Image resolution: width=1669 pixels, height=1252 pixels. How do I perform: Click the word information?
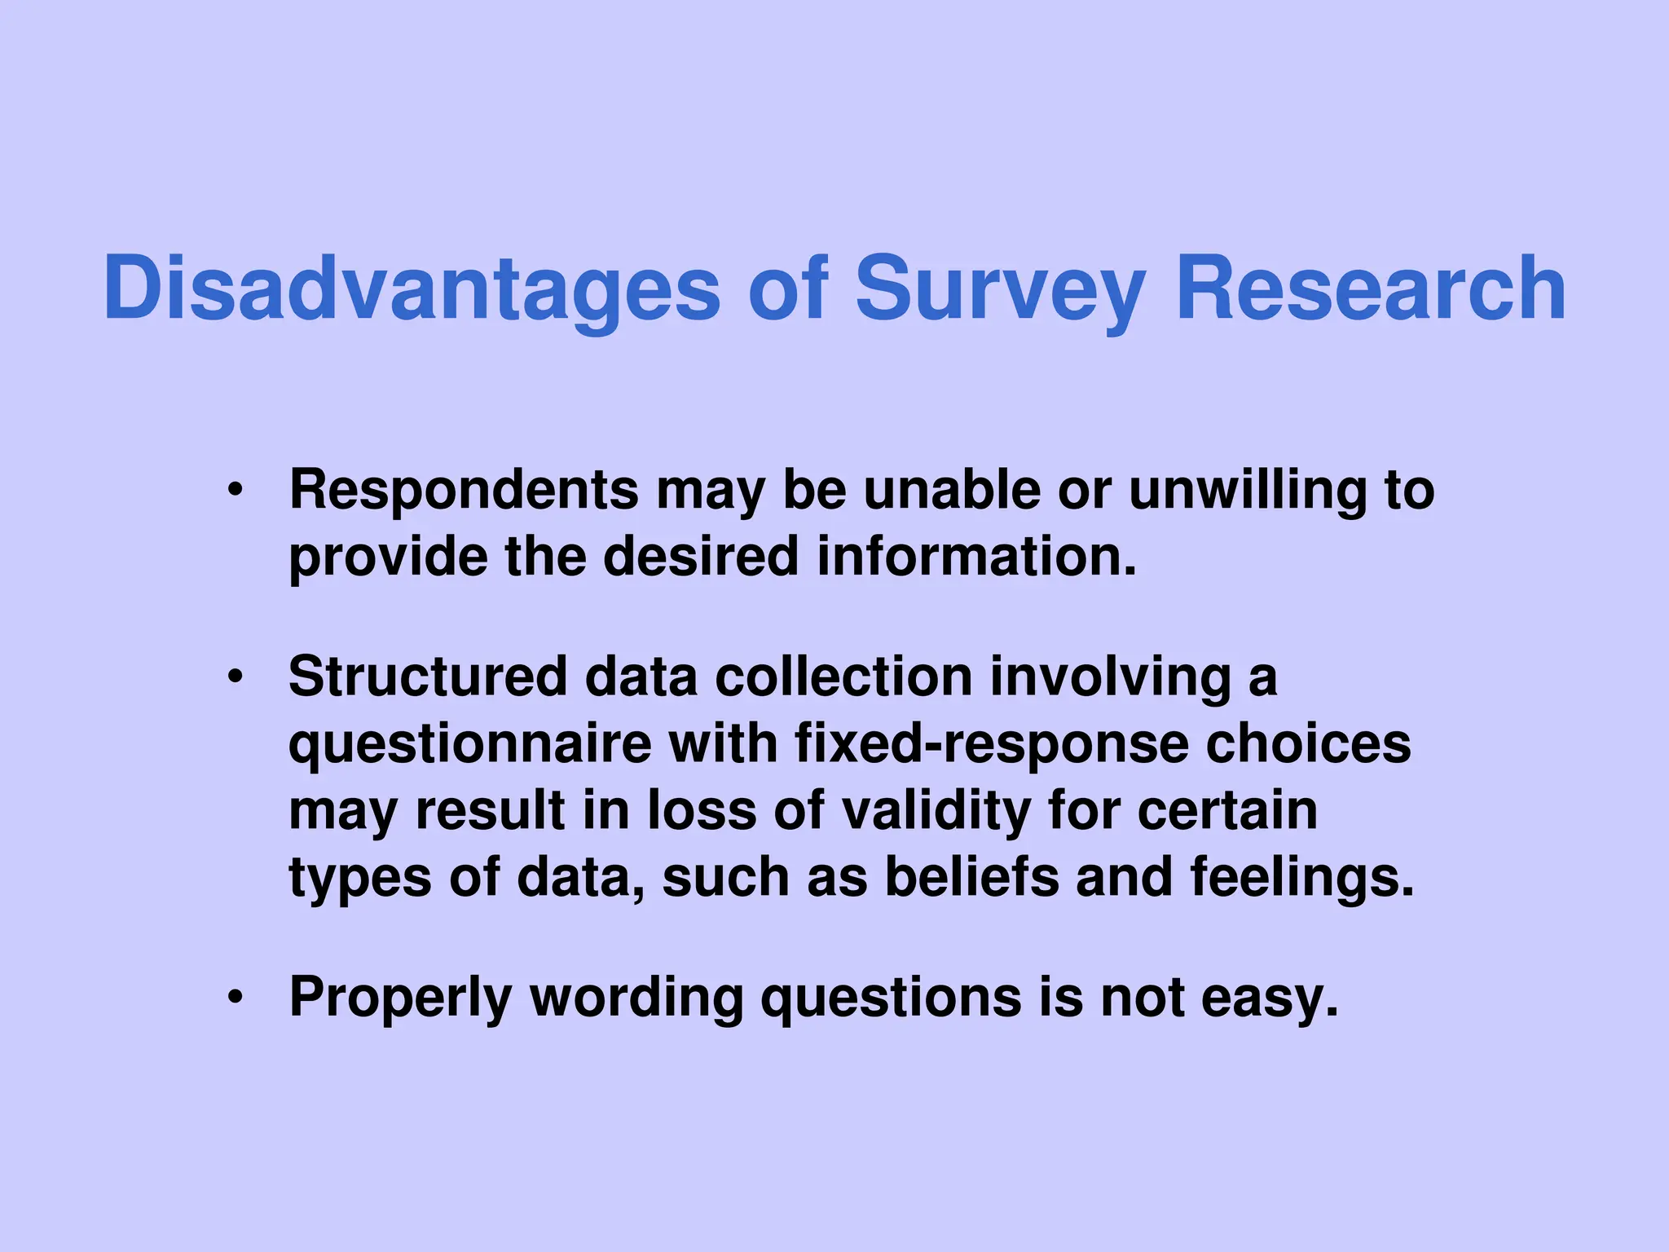[x=976, y=557]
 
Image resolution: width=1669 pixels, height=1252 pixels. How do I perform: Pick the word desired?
[x=701, y=557]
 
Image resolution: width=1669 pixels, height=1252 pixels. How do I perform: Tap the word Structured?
[x=428, y=677]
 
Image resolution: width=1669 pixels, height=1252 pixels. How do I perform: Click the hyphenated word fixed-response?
[x=989, y=743]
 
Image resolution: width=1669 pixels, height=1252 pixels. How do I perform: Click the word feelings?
[x=1302, y=877]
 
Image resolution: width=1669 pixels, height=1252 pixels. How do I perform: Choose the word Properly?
[x=400, y=997]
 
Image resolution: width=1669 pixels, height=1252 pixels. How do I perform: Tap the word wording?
[x=636, y=997]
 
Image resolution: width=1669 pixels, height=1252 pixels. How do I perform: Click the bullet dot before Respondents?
[x=236, y=491]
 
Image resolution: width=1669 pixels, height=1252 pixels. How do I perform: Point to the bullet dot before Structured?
[x=236, y=677]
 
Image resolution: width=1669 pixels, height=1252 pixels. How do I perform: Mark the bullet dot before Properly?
[x=236, y=998]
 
